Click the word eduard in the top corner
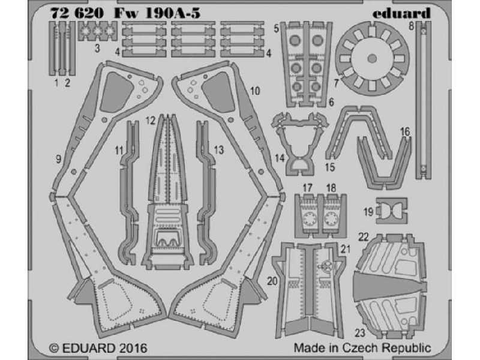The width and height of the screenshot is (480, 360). click(x=401, y=13)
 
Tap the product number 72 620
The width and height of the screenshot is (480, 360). click(x=77, y=13)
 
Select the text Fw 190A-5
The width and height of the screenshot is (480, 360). click(x=157, y=13)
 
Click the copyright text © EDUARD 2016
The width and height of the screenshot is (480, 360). click(x=98, y=348)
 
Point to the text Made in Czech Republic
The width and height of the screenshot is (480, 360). click(x=362, y=348)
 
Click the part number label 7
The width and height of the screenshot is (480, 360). click(x=336, y=82)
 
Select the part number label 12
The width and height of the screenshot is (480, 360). click(x=151, y=121)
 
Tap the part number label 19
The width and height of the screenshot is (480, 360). click(x=368, y=212)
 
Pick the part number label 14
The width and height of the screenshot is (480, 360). click(x=280, y=158)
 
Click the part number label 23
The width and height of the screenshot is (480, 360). click(x=360, y=333)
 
